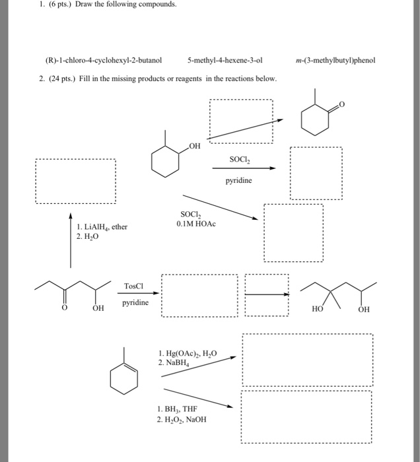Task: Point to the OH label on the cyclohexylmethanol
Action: pos(194,147)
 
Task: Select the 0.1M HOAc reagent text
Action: pos(197,224)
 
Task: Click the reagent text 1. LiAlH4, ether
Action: pos(102,227)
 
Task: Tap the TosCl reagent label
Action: pos(133,286)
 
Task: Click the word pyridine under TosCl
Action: pos(135,303)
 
